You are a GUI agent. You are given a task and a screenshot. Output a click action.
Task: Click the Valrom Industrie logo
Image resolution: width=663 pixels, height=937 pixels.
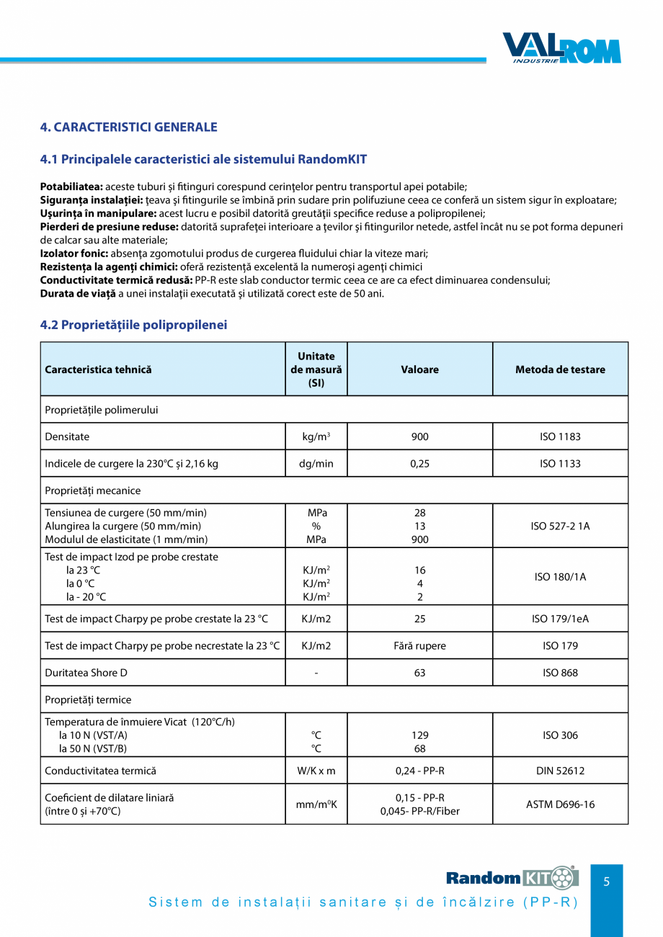[x=561, y=49]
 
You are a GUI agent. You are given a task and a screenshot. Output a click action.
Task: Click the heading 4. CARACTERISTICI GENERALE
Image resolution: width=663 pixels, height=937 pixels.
[x=128, y=127]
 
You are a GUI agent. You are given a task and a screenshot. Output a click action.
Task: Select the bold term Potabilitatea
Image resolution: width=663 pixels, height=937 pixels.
[x=72, y=187]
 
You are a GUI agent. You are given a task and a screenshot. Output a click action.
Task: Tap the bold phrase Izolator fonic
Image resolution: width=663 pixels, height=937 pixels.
[x=74, y=254]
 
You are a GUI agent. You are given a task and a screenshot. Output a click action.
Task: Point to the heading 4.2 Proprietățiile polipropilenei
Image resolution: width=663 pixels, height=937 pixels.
[x=133, y=325]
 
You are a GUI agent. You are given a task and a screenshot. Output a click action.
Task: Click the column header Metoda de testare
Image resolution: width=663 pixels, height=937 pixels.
[x=560, y=369]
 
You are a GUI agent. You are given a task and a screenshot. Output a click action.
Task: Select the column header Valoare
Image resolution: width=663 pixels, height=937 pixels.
[x=419, y=369]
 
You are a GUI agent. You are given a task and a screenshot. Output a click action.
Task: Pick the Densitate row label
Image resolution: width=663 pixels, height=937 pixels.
[x=67, y=436]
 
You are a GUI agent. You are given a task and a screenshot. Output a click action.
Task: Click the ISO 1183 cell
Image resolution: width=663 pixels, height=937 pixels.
[x=560, y=436]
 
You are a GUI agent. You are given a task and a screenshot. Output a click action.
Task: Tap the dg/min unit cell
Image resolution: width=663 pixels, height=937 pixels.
[x=316, y=464]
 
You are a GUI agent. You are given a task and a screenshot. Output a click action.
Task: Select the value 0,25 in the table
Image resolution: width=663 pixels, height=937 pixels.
[x=419, y=464]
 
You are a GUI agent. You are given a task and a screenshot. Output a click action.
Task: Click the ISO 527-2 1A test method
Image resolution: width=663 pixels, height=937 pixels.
[x=560, y=526]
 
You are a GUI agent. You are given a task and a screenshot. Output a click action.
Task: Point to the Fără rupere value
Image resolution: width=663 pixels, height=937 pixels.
[x=419, y=646]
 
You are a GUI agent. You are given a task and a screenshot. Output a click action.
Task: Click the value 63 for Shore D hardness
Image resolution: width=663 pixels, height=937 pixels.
[x=419, y=673]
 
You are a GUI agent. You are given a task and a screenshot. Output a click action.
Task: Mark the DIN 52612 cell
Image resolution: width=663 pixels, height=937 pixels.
[x=560, y=771]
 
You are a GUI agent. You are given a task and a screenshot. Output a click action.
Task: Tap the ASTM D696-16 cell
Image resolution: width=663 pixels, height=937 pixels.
[x=560, y=804]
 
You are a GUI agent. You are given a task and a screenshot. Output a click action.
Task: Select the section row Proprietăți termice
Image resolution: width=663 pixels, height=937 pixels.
[x=88, y=699]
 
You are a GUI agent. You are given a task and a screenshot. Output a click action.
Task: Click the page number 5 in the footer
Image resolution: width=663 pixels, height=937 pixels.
[x=606, y=882]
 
